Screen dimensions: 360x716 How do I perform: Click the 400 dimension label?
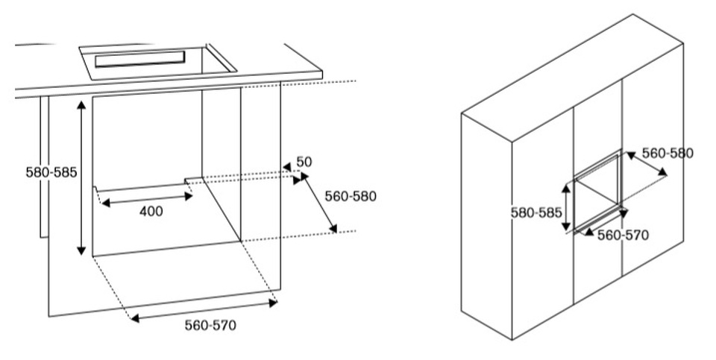click(151, 212)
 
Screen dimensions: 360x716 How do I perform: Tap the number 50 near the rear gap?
click(304, 162)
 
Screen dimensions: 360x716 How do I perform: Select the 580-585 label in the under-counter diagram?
click(49, 171)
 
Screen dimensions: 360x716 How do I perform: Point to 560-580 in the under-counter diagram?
click(351, 197)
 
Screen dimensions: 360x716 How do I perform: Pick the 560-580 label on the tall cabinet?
click(668, 154)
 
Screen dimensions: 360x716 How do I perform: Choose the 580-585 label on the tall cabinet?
click(536, 212)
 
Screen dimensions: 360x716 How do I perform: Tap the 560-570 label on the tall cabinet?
click(624, 235)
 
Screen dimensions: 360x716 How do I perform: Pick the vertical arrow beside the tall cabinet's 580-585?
click(567, 208)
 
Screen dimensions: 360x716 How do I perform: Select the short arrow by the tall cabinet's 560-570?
click(589, 232)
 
